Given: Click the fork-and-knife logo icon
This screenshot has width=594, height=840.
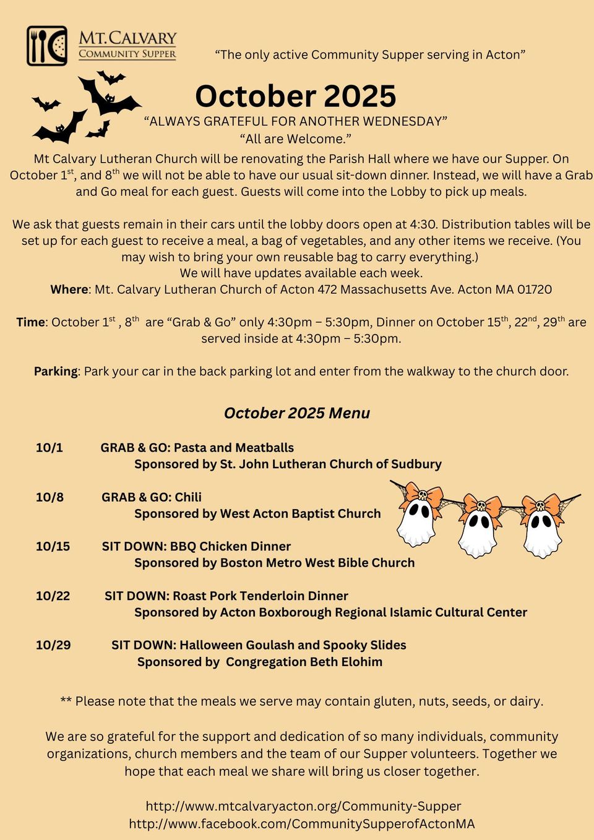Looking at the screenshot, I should pos(47,46).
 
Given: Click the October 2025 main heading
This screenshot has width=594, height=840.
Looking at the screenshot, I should pos(295,96).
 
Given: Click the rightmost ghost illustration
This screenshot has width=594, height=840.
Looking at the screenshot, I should pos(542,525).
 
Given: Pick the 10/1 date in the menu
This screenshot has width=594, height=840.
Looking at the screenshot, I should pos(49,448).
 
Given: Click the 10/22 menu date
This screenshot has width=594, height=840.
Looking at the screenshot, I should pos(53,596).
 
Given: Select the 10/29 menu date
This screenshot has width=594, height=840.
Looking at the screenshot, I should pos(53,645).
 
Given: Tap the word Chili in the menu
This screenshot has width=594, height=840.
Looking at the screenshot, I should pos(188,497).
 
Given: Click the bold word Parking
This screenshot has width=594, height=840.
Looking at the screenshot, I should pos(56,371).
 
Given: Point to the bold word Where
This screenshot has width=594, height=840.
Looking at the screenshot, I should pos(69,289).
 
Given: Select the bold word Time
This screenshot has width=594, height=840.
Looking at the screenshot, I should pos(30,322).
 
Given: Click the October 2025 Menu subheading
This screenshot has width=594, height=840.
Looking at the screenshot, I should pos(297,413).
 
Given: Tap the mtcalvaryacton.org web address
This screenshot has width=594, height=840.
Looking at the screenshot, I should pos(303,806).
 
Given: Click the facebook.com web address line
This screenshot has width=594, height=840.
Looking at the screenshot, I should pos(302,823).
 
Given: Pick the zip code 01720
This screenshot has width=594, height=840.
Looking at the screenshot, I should pos(534,289).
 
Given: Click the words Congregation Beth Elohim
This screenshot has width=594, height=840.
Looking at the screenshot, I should pos(304,662).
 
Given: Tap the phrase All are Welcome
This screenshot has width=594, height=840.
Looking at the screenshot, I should pos(295,139).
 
